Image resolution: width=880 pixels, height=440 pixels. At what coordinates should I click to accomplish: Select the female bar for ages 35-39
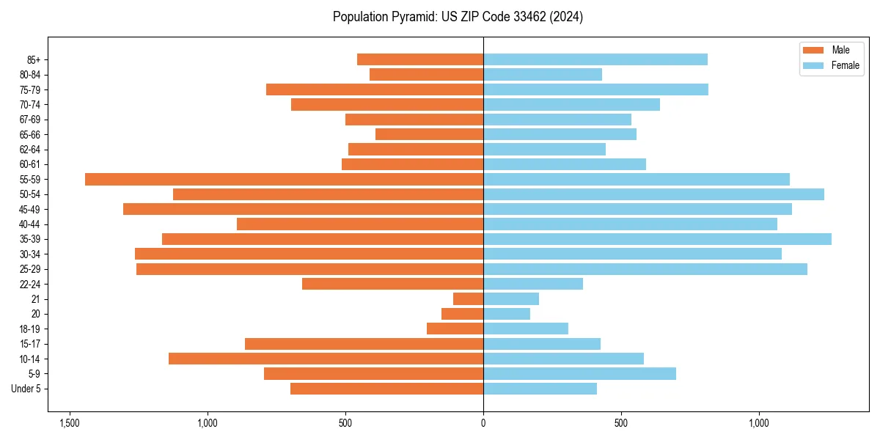[x=657, y=239]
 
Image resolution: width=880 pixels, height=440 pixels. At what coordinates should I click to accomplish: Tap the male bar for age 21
[x=468, y=298]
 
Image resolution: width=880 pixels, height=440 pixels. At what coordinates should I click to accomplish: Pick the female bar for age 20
[x=507, y=314]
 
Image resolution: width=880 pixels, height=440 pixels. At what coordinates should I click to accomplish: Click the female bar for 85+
[x=595, y=59]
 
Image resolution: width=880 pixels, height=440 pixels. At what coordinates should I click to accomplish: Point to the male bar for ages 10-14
[x=326, y=359]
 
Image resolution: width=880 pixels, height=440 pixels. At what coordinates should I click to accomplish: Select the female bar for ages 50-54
[x=653, y=194]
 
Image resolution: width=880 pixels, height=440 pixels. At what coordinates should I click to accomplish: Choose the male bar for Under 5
[x=386, y=389]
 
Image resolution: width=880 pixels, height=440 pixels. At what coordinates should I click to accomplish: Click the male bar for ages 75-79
[x=375, y=89]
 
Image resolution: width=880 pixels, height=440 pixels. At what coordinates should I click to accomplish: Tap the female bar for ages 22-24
[x=533, y=284]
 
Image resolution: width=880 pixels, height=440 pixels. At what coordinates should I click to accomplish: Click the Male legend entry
[x=831, y=50]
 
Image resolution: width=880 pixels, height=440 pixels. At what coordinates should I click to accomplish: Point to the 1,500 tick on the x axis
[x=70, y=423]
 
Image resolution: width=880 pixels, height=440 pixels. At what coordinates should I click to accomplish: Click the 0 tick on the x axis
[x=483, y=423]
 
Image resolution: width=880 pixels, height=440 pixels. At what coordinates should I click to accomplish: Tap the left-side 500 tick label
[x=345, y=423]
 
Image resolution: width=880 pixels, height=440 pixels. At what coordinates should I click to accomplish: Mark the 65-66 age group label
[x=30, y=134]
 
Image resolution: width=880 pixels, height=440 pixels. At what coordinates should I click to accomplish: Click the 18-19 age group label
[x=30, y=329]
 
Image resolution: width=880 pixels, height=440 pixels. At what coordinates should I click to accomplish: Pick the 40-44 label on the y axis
[x=30, y=224]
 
